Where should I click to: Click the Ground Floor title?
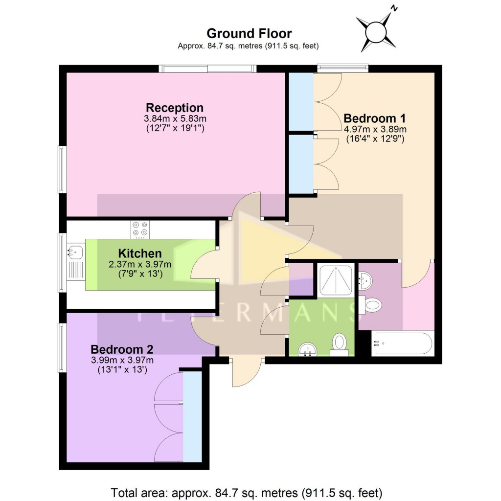click(x=249, y=33)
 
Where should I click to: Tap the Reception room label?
click(x=175, y=108)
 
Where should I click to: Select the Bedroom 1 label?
click(x=375, y=118)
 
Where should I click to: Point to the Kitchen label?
click(x=139, y=253)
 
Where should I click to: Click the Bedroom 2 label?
click(x=122, y=350)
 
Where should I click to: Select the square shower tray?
click(x=336, y=280)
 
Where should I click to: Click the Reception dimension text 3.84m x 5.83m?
click(x=175, y=119)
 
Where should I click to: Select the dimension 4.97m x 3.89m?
click(x=375, y=129)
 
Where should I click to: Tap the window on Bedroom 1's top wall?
click(x=342, y=68)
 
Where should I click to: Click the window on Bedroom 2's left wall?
click(x=62, y=347)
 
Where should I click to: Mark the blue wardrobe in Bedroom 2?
click(x=192, y=416)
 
